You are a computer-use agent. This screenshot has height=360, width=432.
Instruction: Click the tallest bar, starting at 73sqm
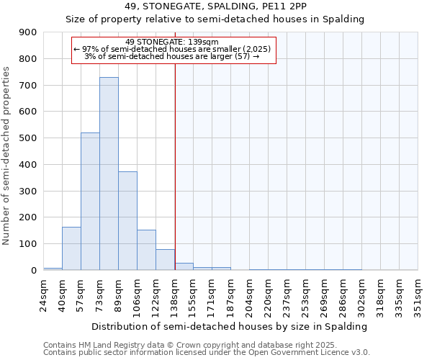pyautogui.click(x=109, y=174)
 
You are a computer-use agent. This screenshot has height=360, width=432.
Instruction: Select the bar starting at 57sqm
pyautogui.click(x=90, y=202)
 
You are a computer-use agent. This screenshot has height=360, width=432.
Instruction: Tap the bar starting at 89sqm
pyautogui.click(x=127, y=221)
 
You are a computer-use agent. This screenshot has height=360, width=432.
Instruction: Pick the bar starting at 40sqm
pyautogui.click(x=71, y=248)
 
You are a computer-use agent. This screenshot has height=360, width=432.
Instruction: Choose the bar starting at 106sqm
pyautogui.click(x=146, y=250)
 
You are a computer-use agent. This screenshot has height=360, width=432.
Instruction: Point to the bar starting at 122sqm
pyautogui.click(x=165, y=260)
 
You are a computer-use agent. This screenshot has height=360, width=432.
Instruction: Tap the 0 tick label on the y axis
pyautogui.click(x=33, y=271)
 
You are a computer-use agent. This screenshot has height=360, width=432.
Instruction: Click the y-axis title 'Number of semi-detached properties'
pyautogui.click(x=7, y=156)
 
